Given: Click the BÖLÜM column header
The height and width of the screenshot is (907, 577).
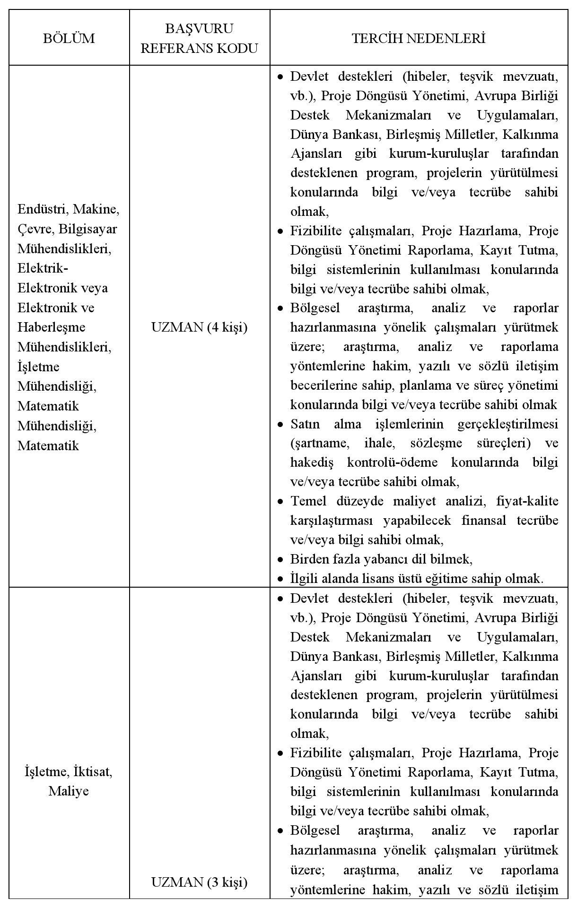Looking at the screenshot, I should coord(69,38).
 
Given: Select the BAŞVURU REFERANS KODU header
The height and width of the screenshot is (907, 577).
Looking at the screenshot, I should coord(199,38).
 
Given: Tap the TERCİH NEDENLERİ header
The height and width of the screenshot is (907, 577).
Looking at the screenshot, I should coord(419,38).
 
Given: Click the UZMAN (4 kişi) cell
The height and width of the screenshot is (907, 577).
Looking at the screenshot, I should coord(199,327).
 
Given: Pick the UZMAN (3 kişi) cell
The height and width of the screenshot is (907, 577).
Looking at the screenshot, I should coord(199,881).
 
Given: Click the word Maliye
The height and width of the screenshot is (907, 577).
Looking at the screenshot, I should coord(69,791).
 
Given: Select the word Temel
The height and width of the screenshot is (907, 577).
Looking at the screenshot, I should coord(307,501).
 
